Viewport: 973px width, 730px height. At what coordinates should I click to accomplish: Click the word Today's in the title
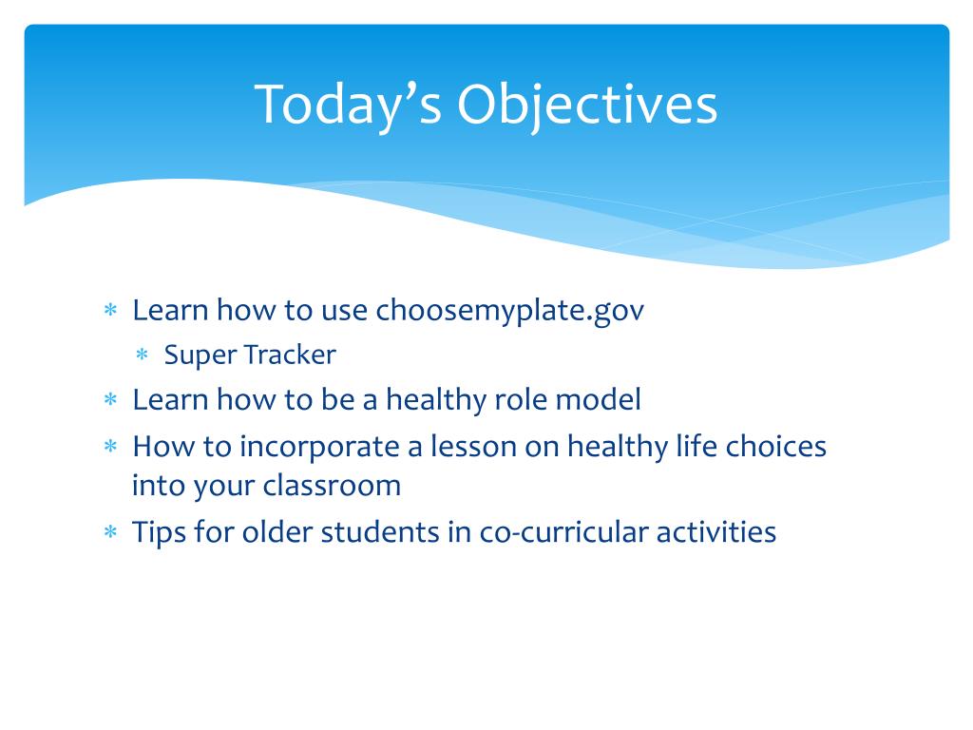(348, 105)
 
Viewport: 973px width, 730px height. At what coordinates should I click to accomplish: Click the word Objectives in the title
(587, 105)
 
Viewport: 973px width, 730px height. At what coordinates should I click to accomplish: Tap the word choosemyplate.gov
(510, 311)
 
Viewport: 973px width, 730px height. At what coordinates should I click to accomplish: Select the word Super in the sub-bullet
(200, 355)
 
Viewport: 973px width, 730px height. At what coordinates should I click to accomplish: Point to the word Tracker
(290, 355)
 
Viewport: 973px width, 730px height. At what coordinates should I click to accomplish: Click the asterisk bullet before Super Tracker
(143, 355)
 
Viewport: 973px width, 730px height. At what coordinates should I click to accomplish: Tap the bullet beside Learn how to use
(110, 309)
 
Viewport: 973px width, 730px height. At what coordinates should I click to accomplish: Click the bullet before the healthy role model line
(110, 398)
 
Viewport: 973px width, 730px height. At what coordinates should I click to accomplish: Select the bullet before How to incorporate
(110, 446)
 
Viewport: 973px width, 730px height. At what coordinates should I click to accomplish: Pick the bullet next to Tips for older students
(110, 531)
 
